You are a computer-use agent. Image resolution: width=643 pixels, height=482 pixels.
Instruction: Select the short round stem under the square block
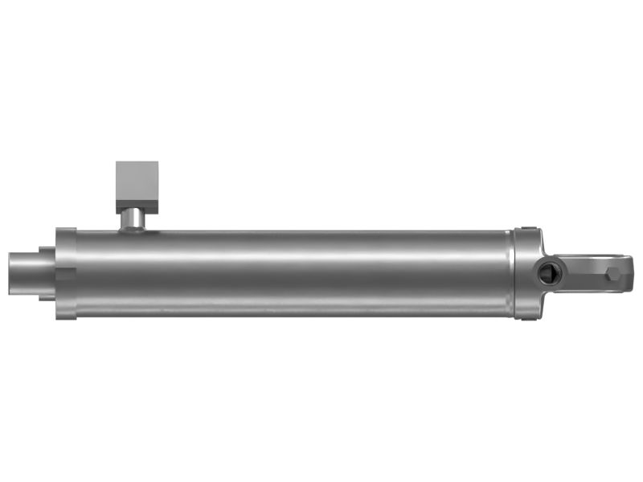tap(133, 218)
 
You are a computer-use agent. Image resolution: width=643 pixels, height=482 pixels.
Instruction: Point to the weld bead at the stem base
tap(133, 231)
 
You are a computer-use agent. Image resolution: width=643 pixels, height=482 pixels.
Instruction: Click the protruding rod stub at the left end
tap(29, 273)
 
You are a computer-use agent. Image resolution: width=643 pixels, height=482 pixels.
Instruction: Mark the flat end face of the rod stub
tap(10, 273)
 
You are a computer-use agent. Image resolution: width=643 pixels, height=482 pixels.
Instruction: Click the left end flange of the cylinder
tap(66, 273)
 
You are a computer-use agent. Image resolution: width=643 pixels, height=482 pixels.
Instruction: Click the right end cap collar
tap(526, 273)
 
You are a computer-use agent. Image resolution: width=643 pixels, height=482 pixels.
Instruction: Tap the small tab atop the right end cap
tap(528, 229)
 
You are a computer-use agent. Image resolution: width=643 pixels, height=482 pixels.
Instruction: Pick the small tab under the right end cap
tap(528, 318)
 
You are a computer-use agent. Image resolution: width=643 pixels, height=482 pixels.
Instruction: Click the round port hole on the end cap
tap(547, 274)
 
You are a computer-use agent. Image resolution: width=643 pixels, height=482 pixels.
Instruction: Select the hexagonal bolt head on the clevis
tap(613, 275)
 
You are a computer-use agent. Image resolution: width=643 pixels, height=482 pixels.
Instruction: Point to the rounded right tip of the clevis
tap(631, 274)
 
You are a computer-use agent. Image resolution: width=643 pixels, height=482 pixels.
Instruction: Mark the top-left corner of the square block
tap(117, 163)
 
